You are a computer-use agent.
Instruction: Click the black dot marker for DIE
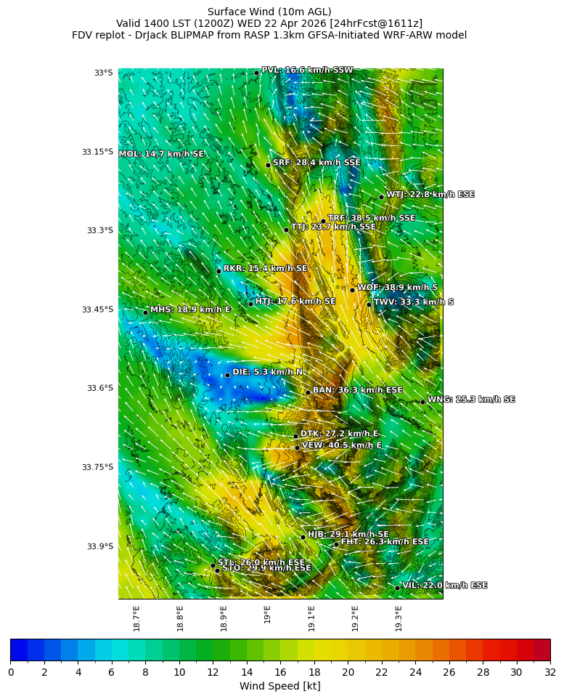[x=227, y=375]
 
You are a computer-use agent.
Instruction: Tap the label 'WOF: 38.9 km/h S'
[x=397, y=288]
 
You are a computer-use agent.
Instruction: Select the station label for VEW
[x=341, y=445]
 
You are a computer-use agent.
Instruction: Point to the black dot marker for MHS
[x=145, y=312]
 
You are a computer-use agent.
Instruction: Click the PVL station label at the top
[x=307, y=70]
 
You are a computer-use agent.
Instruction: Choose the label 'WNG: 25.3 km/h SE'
[x=471, y=400]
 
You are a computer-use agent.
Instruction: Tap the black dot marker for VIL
[x=398, y=587]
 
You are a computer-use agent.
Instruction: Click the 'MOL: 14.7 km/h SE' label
[x=161, y=154]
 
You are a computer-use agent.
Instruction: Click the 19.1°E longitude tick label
[x=311, y=617]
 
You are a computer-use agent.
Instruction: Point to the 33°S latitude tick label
[x=103, y=73]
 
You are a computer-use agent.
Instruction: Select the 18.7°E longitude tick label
[x=136, y=617]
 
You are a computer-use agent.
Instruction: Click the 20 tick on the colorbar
[x=348, y=672]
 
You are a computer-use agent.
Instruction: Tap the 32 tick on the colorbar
[x=549, y=672]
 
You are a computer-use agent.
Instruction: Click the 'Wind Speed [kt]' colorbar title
[x=279, y=687]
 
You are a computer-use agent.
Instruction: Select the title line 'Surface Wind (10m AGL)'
[x=269, y=12]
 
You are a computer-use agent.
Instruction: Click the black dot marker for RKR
[x=218, y=271]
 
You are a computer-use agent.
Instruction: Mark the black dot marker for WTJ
[x=381, y=197]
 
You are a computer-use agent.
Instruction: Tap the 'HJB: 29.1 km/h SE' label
[x=348, y=534]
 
